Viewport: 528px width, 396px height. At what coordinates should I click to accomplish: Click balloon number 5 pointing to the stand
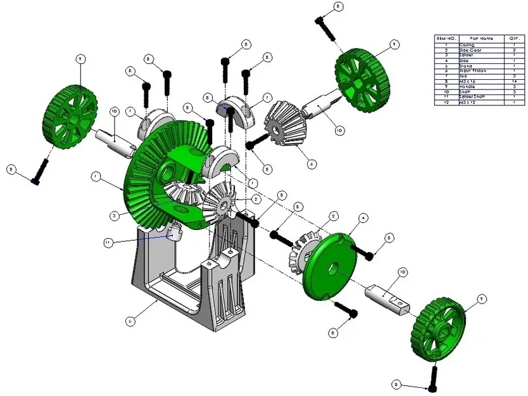point(130,321)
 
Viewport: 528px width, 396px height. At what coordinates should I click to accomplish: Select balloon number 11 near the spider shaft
point(108,241)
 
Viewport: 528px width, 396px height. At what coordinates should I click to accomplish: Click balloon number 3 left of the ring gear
point(113,216)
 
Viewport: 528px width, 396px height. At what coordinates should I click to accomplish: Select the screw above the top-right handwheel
point(324,26)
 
